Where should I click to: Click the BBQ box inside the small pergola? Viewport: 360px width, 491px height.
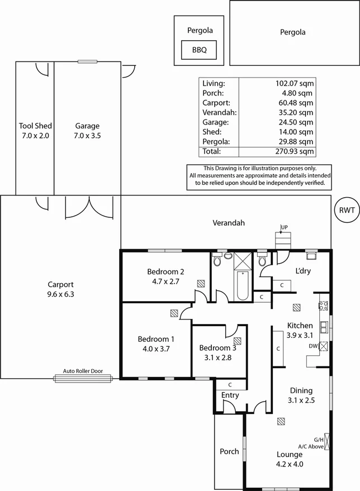pyautogui.click(x=199, y=50)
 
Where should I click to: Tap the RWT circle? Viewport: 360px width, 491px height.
pyautogui.click(x=345, y=211)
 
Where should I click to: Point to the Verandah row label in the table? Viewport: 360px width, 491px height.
pyautogui.click(x=220, y=112)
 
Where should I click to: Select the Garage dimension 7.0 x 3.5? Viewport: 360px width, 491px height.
pyautogui.click(x=87, y=135)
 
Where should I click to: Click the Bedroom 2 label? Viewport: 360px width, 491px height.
pyautogui.click(x=165, y=272)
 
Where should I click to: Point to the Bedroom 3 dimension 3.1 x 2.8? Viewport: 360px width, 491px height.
pyautogui.click(x=217, y=358)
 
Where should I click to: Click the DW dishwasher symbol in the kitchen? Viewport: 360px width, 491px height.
pyautogui.click(x=323, y=346)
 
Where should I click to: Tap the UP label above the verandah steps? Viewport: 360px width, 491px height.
pyautogui.click(x=284, y=227)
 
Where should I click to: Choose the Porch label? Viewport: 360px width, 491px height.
pyautogui.click(x=229, y=451)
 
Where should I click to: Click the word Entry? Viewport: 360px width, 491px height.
pyautogui.click(x=230, y=395)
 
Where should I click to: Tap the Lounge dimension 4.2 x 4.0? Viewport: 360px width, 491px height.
pyautogui.click(x=289, y=464)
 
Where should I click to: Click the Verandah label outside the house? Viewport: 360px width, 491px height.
pyautogui.click(x=229, y=223)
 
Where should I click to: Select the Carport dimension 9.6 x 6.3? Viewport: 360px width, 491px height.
pyautogui.click(x=60, y=293)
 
